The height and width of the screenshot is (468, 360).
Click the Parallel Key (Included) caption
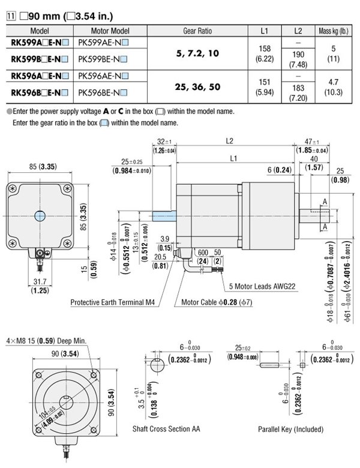point(290,430)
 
